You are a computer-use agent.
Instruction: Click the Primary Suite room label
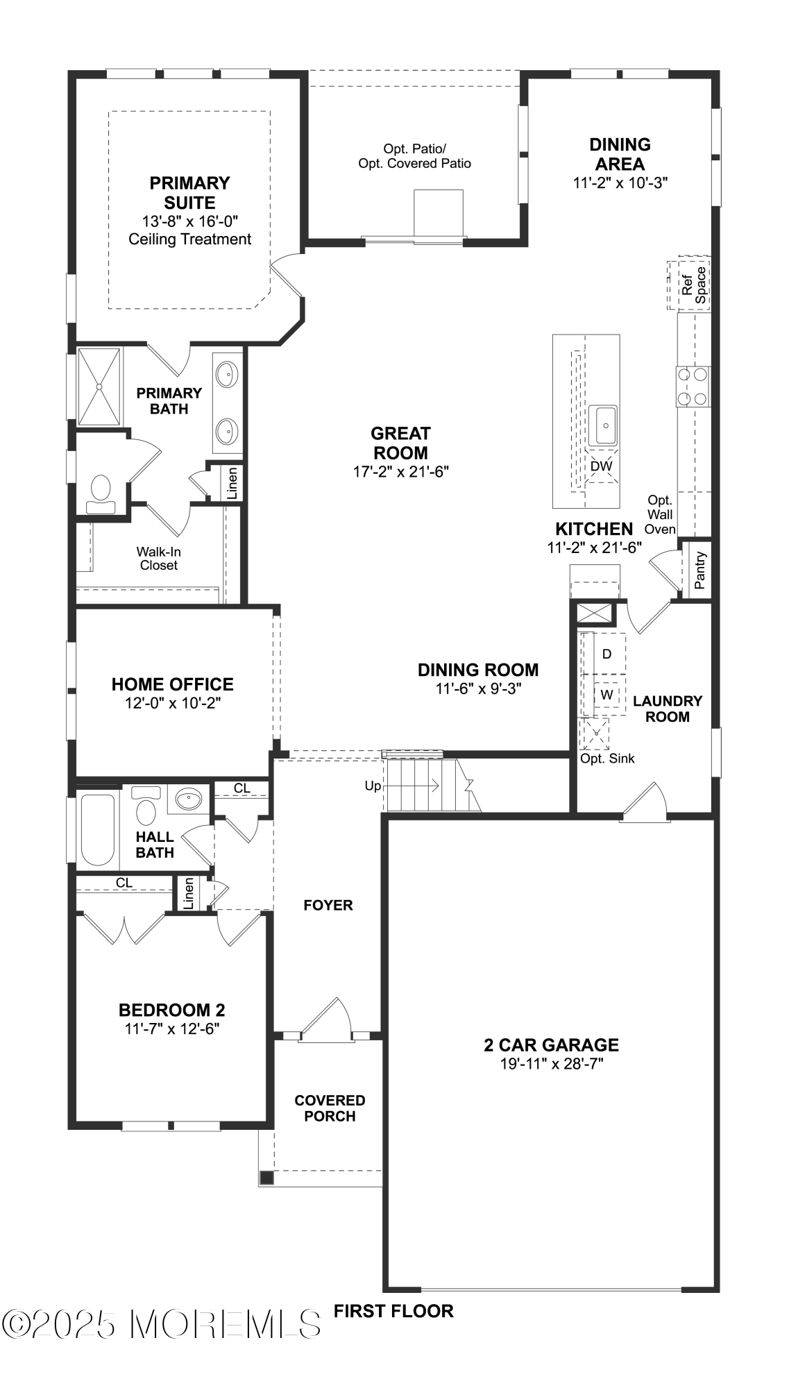189,193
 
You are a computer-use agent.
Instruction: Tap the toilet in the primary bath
101,491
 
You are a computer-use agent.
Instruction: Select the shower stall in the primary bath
99,387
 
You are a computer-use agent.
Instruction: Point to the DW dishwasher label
601,466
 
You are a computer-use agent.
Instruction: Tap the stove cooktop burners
693,387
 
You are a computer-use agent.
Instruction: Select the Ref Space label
693,285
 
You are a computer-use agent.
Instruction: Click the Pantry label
699,570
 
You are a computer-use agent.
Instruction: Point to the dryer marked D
606,654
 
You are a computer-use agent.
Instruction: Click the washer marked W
606,694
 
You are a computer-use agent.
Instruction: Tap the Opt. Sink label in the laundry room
607,759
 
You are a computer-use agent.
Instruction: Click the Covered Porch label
330,1108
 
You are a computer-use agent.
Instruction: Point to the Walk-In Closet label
159,558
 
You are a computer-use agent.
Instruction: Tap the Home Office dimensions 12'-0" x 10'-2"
173,702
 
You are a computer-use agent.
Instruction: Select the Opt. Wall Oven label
660,514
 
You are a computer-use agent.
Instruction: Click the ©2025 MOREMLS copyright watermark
163,1323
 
